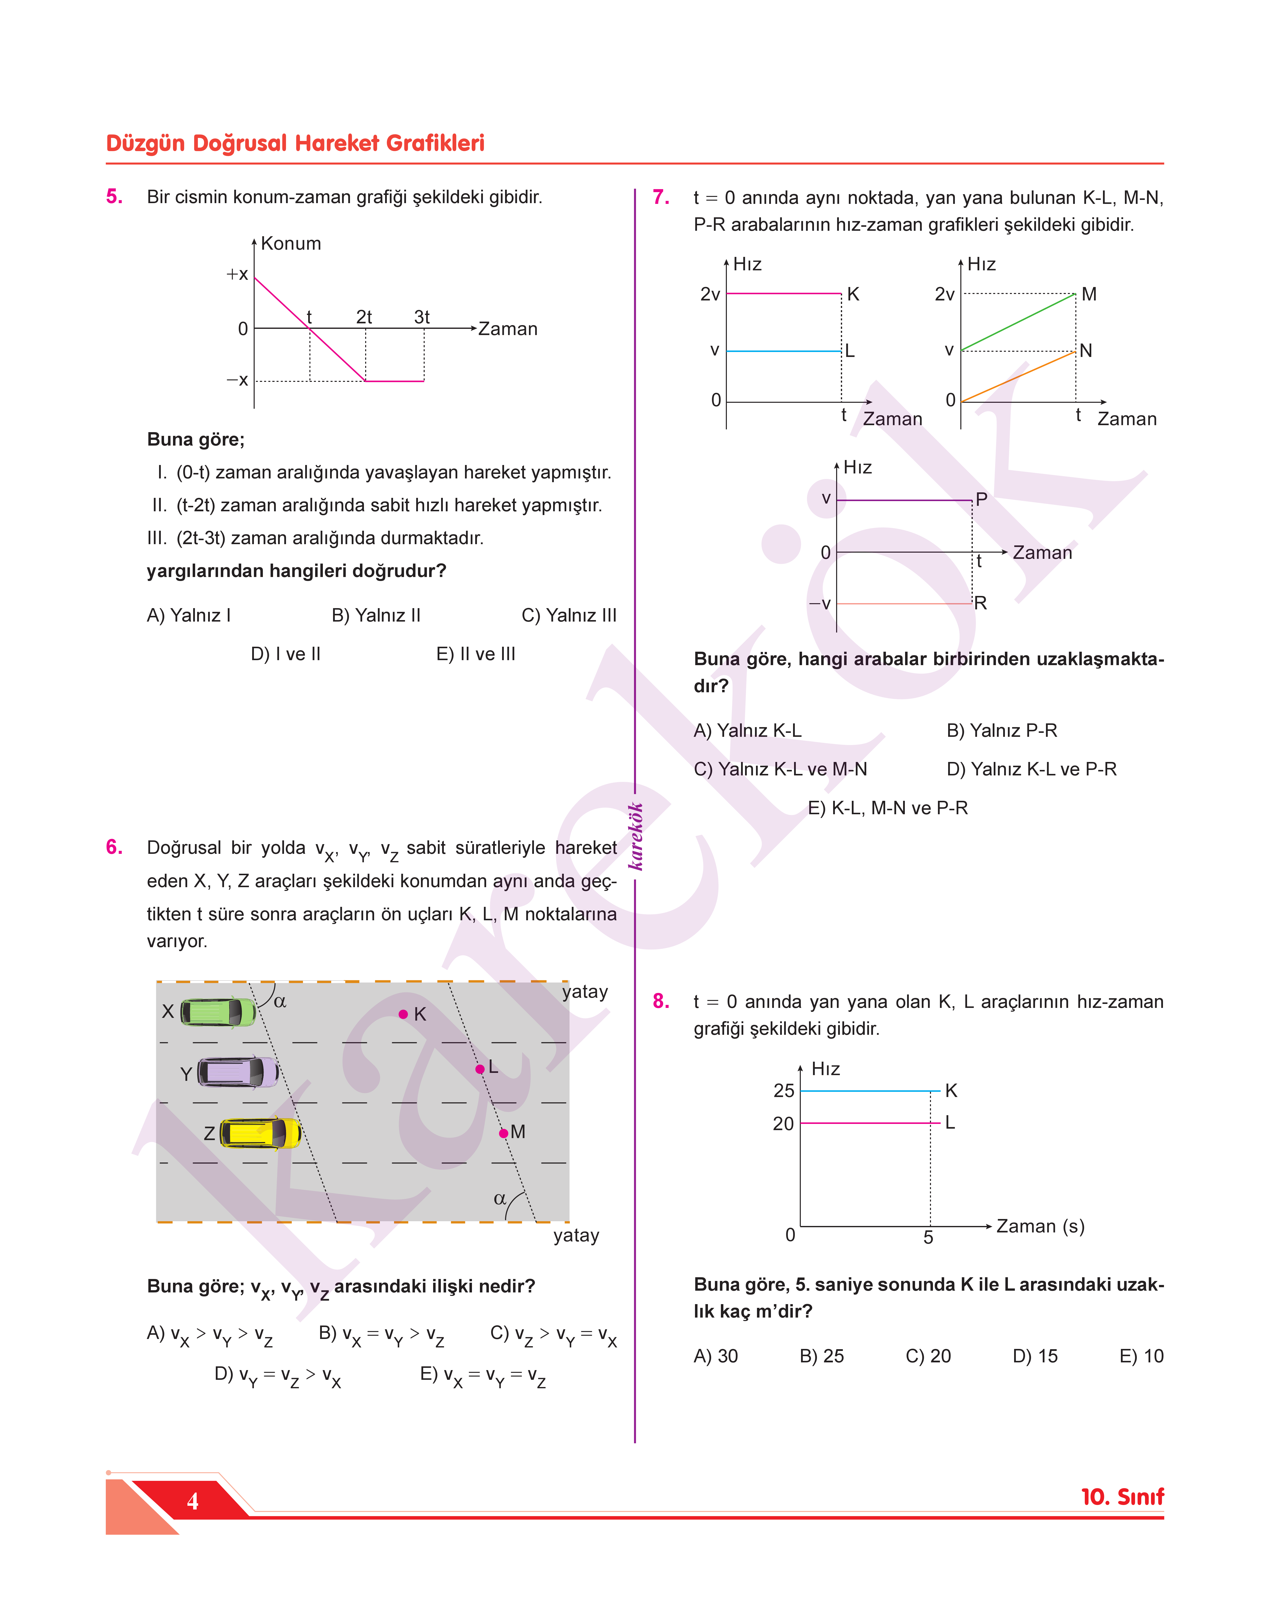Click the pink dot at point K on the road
click(x=403, y=1014)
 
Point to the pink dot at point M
click(x=503, y=1133)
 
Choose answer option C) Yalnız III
click(x=569, y=616)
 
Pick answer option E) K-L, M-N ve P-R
click(x=888, y=808)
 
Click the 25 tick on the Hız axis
click(x=784, y=1091)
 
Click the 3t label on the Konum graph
click(x=422, y=317)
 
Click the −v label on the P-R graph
click(x=820, y=604)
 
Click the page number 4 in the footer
click(x=193, y=1501)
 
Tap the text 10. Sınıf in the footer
click(x=1122, y=1497)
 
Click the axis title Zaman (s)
click(x=1040, y=1226)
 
